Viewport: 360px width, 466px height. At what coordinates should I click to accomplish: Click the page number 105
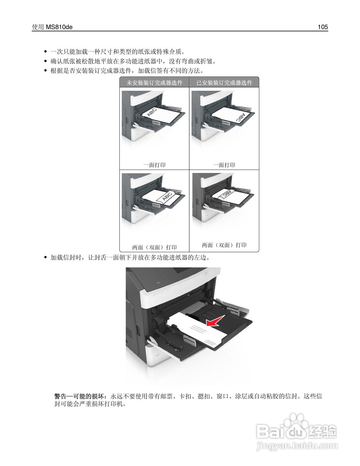click(323, 27)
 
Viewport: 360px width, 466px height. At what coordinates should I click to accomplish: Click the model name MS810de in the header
click(59, 27)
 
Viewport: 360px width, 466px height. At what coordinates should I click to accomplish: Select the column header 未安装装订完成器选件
click(154, 83)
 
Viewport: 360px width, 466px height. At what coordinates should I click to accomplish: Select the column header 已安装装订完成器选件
click(224, 83)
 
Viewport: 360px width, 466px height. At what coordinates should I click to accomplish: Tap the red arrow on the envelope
click(214, 321)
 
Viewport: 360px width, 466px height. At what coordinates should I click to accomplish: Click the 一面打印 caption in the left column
click(154, 165)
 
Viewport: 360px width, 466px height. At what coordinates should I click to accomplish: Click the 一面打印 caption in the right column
click(224, 165)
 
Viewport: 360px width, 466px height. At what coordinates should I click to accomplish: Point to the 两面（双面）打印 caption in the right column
click(224, 245)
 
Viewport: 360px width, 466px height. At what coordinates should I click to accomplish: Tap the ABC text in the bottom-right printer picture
click(227, 194)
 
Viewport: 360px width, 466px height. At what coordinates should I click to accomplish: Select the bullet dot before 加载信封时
click(45, 258)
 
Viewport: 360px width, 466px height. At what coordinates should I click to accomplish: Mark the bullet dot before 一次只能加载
click(45, 52)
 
